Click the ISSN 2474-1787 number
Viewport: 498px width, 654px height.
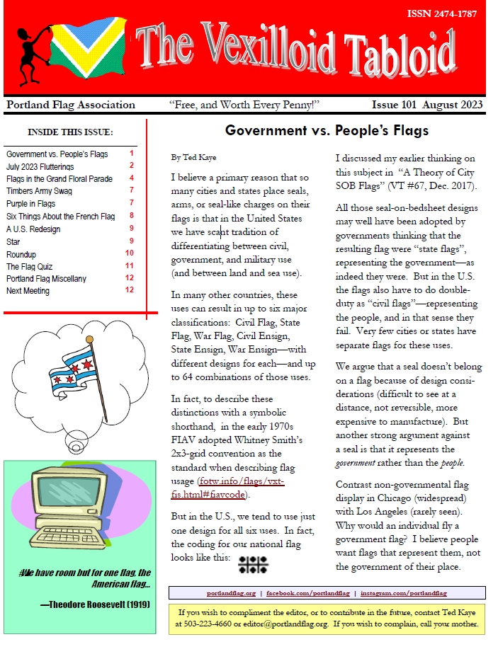coord(446,13)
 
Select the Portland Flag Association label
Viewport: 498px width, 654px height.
coord(70,105)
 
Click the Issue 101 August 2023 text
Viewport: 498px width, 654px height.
coord(427,105)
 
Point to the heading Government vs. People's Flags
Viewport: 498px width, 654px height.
coord(327,131)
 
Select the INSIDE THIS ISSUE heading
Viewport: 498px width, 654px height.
coord(70,132)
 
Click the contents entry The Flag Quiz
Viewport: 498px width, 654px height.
coord(31,267)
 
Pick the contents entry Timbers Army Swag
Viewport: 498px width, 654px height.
coord(39,190)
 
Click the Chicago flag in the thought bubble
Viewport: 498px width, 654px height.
coord(71,373)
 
